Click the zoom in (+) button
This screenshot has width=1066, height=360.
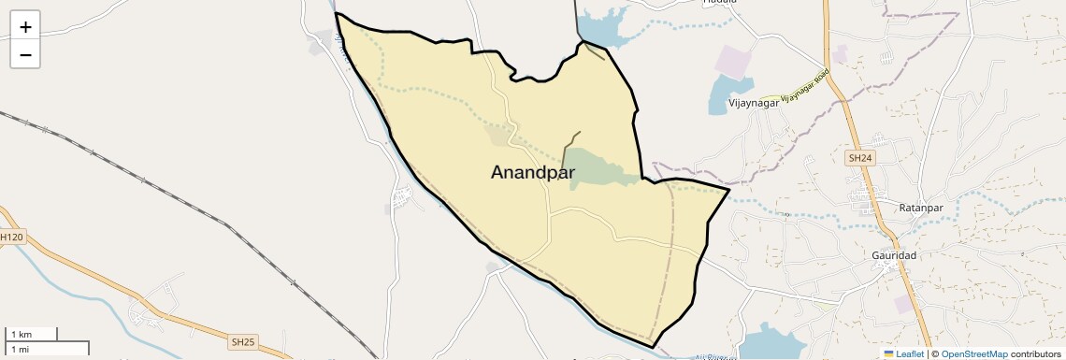click(25, 27)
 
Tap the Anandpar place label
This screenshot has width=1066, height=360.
click(532, 172)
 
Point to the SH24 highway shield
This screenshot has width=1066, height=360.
click(859, 159)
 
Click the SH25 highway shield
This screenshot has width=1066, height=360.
click(242, 342)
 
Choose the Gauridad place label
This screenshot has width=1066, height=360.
click(894, 255)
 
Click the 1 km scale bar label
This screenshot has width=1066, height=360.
click(22, 334)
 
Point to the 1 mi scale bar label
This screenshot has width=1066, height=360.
click(21, 349)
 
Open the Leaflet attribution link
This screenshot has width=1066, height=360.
click(910, 354)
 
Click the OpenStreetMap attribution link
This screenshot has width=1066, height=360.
click(973, 354)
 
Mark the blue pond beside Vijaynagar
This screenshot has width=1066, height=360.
click(720, 93)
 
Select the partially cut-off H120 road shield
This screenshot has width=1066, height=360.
click(10, 238)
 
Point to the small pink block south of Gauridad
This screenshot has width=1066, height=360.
click(903, 304)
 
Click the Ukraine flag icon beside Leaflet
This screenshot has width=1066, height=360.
click(889, 354)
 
